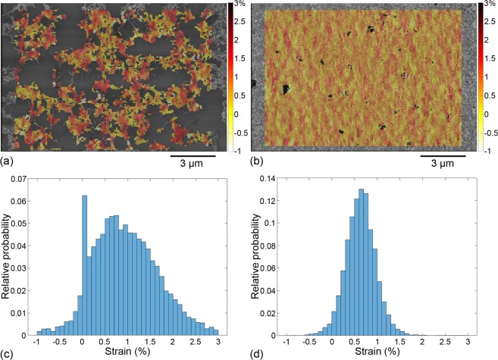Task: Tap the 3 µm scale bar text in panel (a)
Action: (x=194, y=163)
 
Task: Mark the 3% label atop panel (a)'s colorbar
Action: (x=236, y=5)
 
